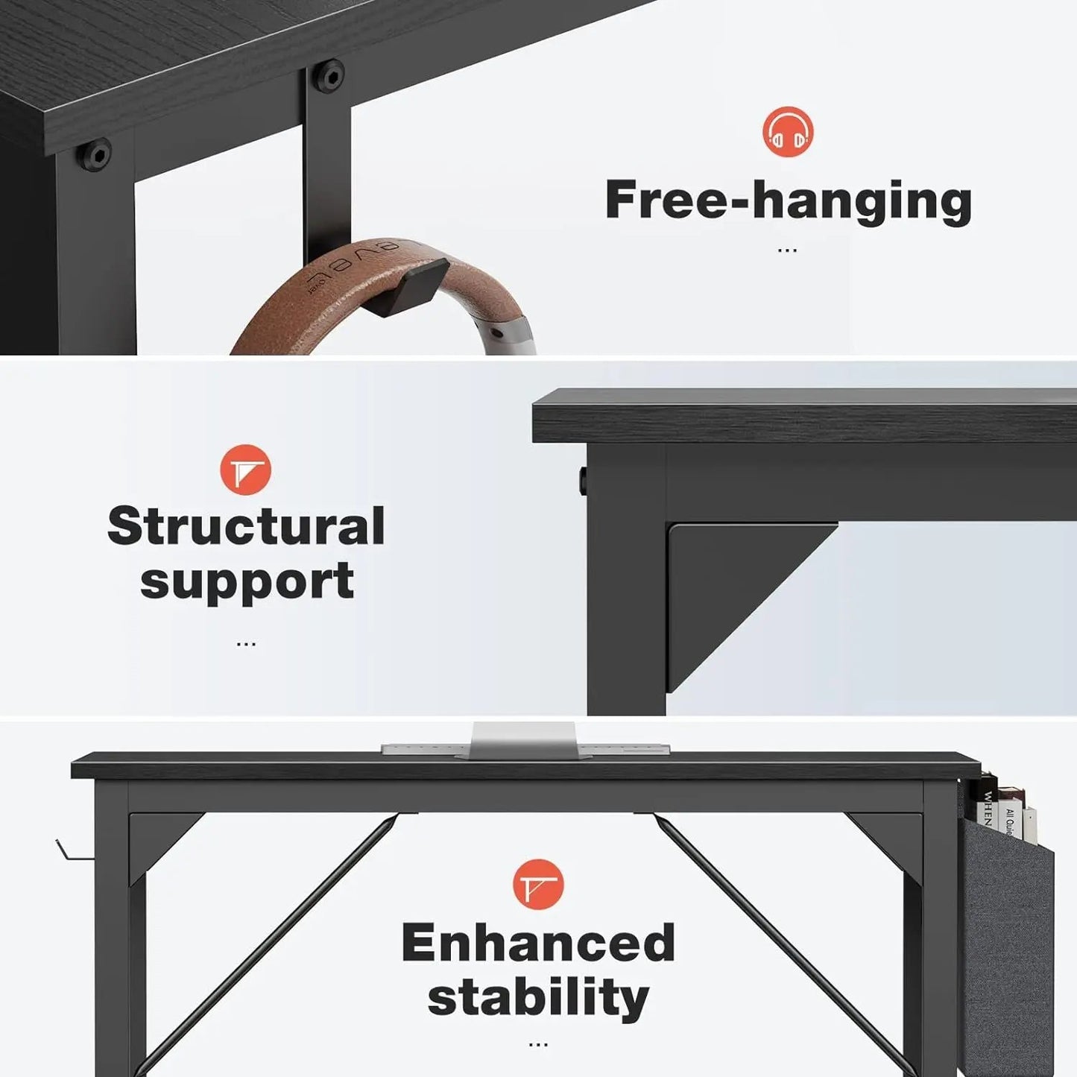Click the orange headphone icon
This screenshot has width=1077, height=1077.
[x=788, y=132]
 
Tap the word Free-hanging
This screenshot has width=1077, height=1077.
[x=788, y=201]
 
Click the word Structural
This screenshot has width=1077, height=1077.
[x=246, y=526]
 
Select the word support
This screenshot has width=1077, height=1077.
[x=247, y=582]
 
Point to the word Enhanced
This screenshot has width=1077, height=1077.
[x=538, y=943]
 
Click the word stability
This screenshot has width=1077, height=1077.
[x=538, y=998]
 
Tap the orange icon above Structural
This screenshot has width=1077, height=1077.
[x=245, y=470]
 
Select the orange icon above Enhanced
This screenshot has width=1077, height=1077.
[x=538, y=884]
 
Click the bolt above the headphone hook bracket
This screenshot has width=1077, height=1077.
[x=329, y=75]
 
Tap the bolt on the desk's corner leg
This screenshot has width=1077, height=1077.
[x=96, y=154]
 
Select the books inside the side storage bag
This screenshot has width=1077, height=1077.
[x=1002, y=809]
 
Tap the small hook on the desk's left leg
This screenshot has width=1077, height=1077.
[x=71, y=851]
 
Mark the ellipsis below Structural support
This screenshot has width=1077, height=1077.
[x=246, y=643]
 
